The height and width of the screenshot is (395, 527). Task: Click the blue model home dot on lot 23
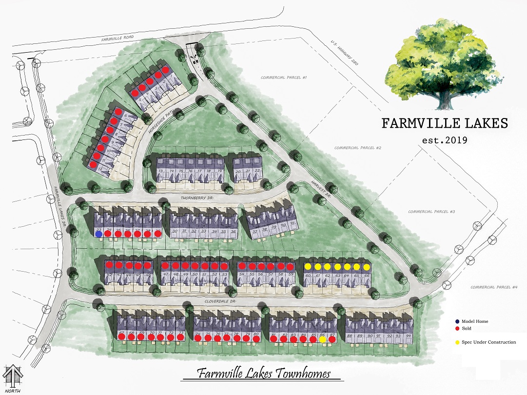(99, 234)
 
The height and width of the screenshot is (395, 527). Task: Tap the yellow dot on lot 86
(322, 339)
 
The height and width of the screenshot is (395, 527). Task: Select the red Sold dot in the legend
(457, 329)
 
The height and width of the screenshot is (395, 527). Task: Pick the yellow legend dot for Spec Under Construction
(457, 342)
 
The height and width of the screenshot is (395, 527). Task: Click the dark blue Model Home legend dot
(457, 321)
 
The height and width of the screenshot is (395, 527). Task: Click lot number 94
(408, 336)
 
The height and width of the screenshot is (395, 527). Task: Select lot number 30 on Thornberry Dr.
(175, 231)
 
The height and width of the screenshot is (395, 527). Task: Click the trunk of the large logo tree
(444, 100)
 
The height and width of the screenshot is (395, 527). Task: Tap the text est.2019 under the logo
(444, 140)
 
